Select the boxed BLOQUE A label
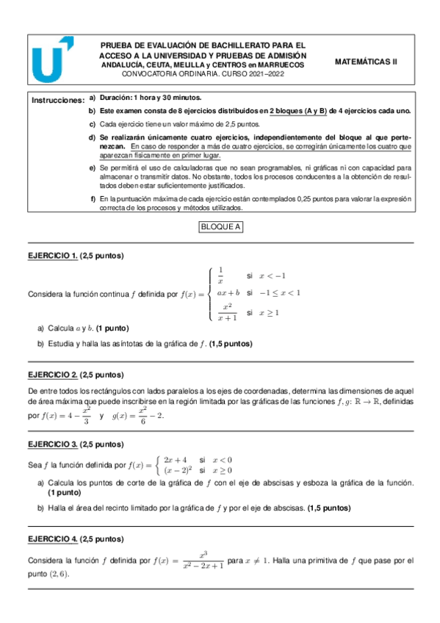(220, 227)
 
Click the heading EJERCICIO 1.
(52, 256)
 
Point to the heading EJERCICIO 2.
(52, 373)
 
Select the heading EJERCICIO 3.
(52, 444)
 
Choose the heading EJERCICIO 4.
(52, 539)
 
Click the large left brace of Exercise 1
(211, 294)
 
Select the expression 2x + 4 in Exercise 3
(178, 458)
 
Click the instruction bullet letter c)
(92, 124)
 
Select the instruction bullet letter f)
(92, 199)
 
